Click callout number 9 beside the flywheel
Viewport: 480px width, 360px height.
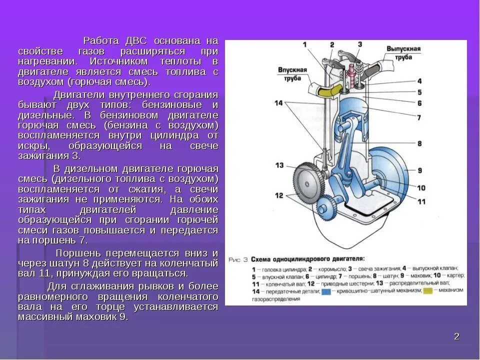pyautogui.click(x=419, y=169)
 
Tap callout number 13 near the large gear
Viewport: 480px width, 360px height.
pyautogui.click(x=279, y=165)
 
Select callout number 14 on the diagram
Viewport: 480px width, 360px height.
pyautogui.click(x=278, y=103)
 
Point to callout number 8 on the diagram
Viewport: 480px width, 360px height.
pyautogui.click(x=419, y=143)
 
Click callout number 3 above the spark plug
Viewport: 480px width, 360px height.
pyautogui.click(x=359, y=45)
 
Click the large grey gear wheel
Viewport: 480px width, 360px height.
pyautogui.click(x=306, y=182)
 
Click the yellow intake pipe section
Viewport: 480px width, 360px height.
pyautogui.click(x=328, y=91)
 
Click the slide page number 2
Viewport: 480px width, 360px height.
pyautogui.click(x=456, y=336)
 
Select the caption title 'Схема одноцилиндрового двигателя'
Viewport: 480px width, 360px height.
pyautogui.click(x=306, y=259)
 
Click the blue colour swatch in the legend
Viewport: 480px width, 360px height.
pyautogui.click(x=326, y=291)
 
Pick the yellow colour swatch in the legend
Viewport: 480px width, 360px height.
pyautogui.click(x=429, y=291)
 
